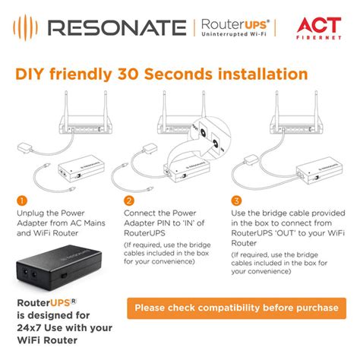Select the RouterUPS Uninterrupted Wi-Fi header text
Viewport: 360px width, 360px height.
click(x=232, y=29)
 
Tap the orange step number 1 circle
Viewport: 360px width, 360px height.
click(x=21, y=201)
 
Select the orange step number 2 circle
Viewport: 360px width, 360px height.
click(x=129, y=201)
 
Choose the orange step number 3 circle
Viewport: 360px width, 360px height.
click(x=237, y=201)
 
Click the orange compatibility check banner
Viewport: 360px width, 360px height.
click(x=236, y=308)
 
